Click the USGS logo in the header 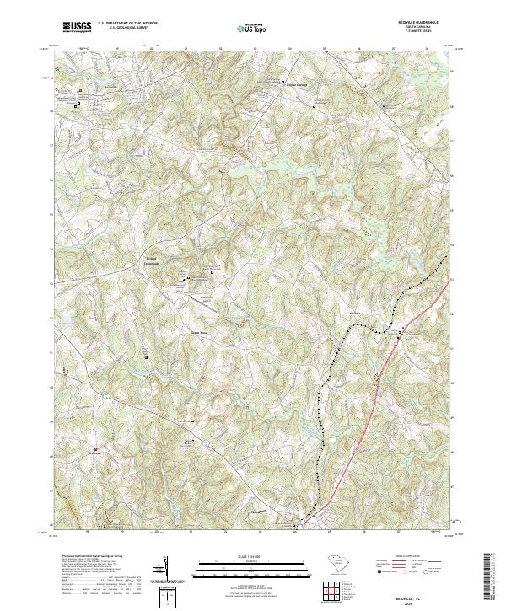[75, 27]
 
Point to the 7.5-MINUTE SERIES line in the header [428, 32]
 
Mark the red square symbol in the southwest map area [95, 448]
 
